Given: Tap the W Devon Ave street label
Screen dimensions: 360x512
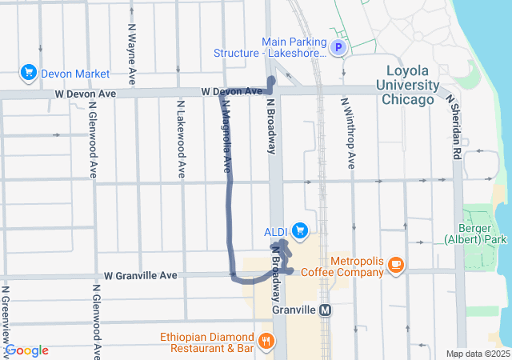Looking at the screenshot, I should pos(86,94).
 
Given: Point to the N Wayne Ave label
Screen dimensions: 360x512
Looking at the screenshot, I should pos(131,51).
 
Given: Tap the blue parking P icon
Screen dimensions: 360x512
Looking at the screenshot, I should pos(338,48).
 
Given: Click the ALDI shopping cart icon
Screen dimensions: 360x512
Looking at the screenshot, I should pos(300,232).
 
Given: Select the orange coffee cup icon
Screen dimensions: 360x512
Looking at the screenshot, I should pos(396,266).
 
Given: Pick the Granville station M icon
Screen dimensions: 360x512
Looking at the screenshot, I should pos(325,310).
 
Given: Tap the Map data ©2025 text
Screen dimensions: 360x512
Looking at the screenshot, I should pos(477,354).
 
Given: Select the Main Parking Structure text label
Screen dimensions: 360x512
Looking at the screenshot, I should pos(270,47).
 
